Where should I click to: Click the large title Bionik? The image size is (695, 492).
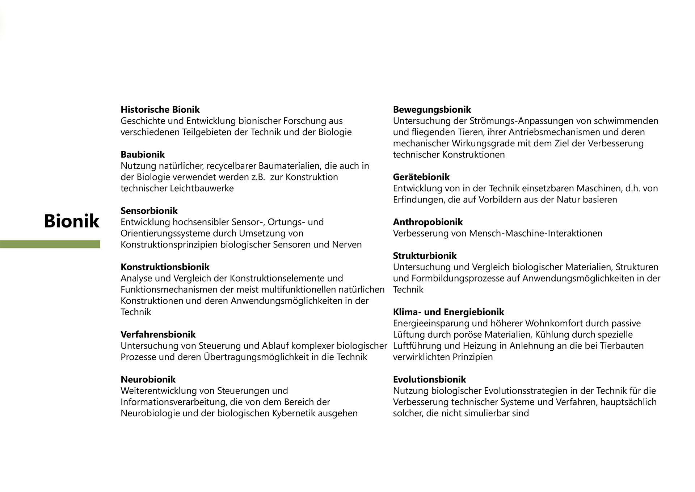pyautogui.click(x=71, y=221)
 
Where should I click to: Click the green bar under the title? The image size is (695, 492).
pyautogui.click(x=50, y=244)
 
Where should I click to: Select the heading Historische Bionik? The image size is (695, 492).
pyautogui.click(x=160, y=109)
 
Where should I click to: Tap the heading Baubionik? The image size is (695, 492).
pyautogui.click(x=143, y=154)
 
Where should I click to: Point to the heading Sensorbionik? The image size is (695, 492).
pyautogui.click(x=149, y=210)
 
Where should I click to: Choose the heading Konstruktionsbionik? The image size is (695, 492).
pyautogui.click(x=165, y=267)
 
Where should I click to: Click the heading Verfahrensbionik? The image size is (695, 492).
pyautogui.click(x=158, y=334)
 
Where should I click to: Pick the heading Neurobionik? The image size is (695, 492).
pyautogui.click(x=148, y=379)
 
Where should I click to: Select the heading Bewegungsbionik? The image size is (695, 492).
pyautogui.click(x=432, y=109)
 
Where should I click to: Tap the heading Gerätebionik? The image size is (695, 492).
pyautogui.click(x=421, y=177)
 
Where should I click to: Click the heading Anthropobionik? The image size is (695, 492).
pyautogui.click(x=428, y=222)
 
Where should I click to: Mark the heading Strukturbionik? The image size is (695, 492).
pyautogui.click(x=425, y=255)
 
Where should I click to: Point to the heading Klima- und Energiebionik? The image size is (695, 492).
pyautogui.click(x=448, y=312)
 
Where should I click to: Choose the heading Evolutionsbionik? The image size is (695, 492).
pyautogui.click(x=429, y=379)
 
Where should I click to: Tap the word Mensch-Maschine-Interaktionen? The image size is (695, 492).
pyautogui.click(x=536, y=233)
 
